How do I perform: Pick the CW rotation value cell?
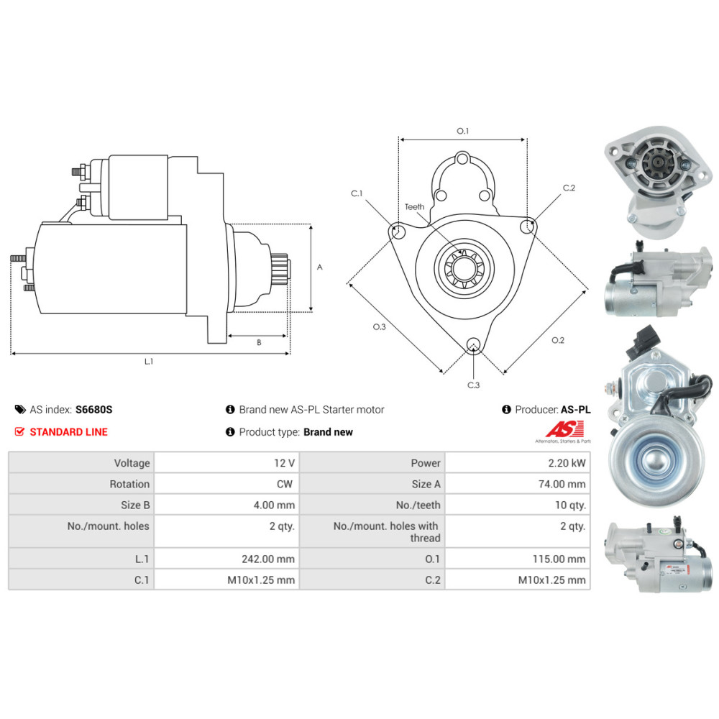[x=284, y=484]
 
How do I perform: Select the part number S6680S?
[x=94, y=410]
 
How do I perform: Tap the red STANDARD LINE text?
[x=69, y=431]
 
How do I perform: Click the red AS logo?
[x=559, y=429]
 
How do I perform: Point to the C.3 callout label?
[x=472, y=385]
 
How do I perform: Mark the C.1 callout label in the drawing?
[x=357, y=193]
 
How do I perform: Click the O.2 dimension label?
[x=557, y=340]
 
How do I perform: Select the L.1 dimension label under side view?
[x=148, y=362]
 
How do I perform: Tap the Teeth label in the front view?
[x=414, y=207]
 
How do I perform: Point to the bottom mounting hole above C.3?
[x=472, y=345]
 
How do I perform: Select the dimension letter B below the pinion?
[x=259, y=343]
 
